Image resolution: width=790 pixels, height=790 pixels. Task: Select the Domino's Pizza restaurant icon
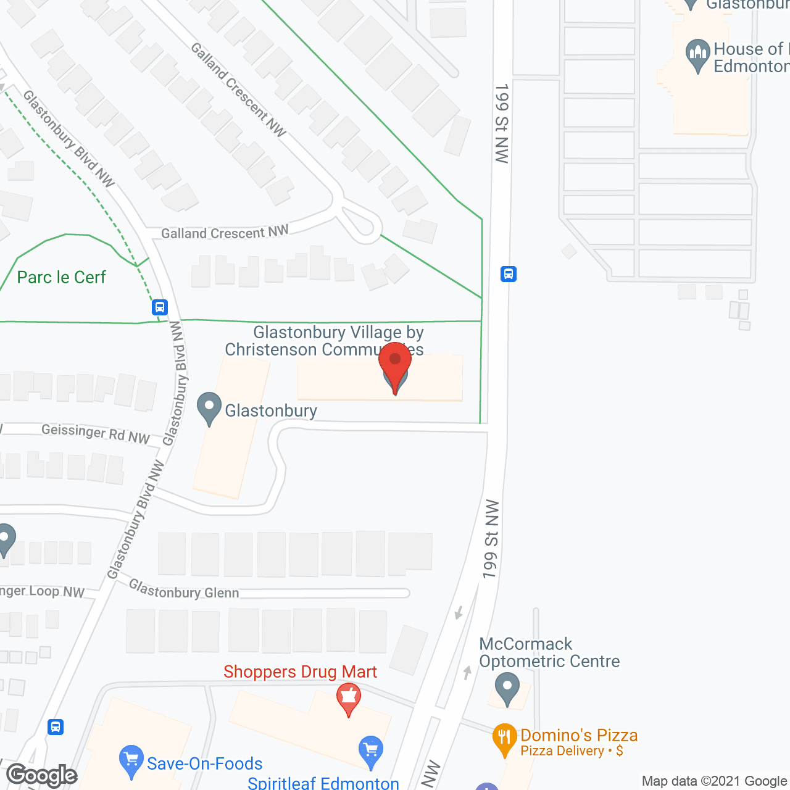point(504,738)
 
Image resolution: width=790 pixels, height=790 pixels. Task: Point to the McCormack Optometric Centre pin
point(507,688)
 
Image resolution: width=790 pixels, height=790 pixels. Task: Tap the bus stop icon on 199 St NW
point(509,273)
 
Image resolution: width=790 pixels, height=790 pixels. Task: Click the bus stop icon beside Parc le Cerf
point(160,307)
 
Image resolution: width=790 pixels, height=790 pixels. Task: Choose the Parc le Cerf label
point(62,277)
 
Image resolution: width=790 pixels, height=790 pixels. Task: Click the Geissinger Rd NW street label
point(96,433)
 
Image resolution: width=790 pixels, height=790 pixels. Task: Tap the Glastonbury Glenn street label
point(184,590)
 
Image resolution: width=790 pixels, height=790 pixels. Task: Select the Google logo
point(42,775)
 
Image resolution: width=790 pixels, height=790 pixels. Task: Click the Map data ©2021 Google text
point(714,781)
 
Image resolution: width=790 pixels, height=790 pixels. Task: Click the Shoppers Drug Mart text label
point(300,671)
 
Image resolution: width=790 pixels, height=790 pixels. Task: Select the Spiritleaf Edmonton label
point(323,783)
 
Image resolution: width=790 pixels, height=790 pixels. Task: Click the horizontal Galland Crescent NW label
point(225,233)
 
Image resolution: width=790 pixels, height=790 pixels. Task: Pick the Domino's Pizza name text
point(579,735)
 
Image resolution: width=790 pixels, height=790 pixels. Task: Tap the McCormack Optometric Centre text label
point(549,652)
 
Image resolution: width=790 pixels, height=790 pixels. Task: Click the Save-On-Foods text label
point(205,763)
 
